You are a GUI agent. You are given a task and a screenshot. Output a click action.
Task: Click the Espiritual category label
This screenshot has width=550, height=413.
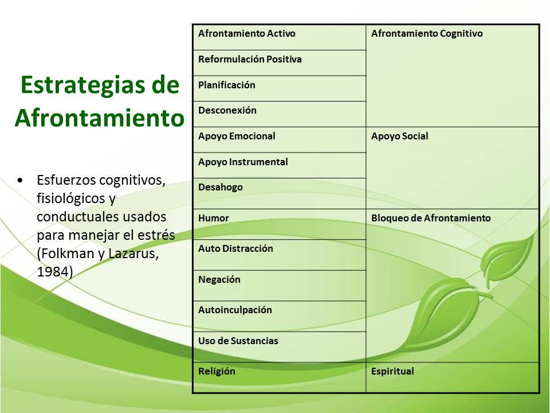point(392,372)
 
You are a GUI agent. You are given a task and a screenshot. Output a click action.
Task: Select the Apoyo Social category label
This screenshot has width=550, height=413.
point(399,137)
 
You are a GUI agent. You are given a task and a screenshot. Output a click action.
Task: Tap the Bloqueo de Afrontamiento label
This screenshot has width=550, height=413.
point(431,219)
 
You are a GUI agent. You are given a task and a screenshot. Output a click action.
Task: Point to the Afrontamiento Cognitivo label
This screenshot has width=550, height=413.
point(427,34)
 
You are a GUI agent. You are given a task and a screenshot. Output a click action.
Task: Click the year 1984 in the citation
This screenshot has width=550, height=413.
point(52,272)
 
